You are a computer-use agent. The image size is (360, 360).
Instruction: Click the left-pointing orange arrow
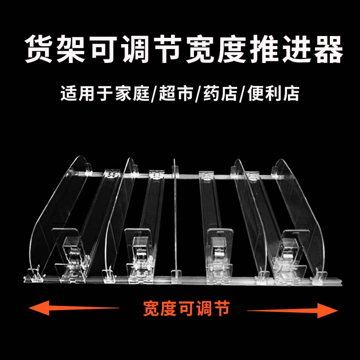pos(72,309)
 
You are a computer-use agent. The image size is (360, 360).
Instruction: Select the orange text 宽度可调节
pos(186,309)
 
